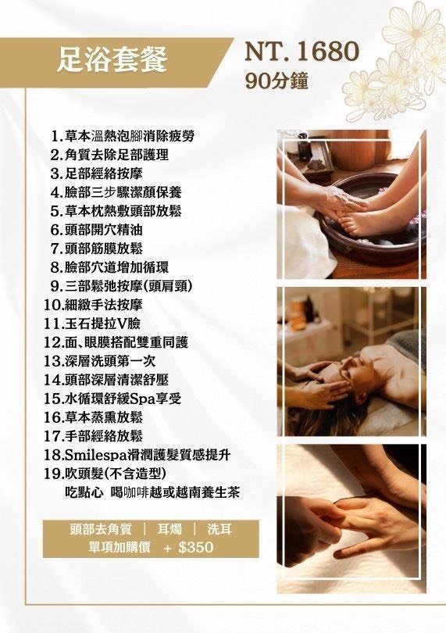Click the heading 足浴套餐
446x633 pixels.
(112, 59)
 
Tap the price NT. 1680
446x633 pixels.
(301, 51)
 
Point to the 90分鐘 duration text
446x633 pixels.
(277, 80)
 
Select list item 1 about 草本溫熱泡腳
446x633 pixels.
(123, 136)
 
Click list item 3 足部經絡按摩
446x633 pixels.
(97, 173)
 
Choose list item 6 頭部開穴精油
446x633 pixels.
(97, 230)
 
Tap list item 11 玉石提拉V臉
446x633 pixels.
(92, 324)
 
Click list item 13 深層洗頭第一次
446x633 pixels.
(100, 361)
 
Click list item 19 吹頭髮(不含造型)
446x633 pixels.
(105, 474)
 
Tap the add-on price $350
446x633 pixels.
(196, 547)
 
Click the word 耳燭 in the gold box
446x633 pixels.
(169, 529)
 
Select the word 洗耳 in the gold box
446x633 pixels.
(219, 529)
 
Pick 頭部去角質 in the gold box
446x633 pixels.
(101, 529)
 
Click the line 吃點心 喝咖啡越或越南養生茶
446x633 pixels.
(152, 492)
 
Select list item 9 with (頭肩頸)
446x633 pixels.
(122, 286)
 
